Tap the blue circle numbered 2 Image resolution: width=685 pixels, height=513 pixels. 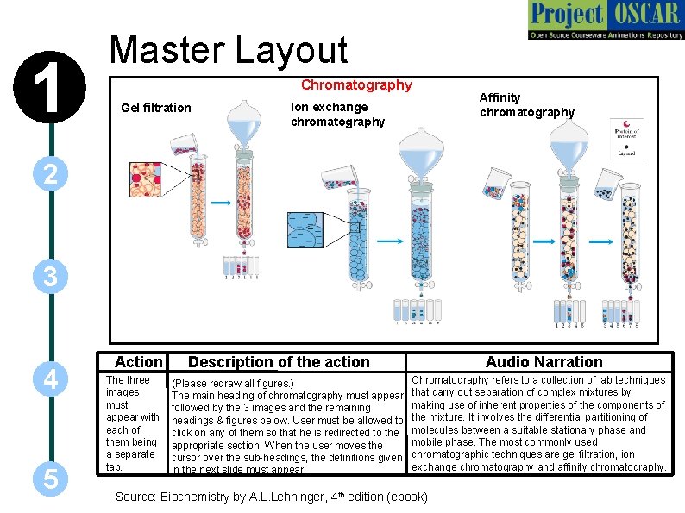[x=51, y=175]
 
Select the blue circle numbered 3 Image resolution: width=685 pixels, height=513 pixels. [x=51, y=278]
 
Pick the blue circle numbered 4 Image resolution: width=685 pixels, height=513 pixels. [x=51, y=378]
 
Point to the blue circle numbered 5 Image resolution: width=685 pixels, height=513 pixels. [x=51, y=479]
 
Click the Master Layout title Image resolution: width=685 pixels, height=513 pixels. [x=229, y=51]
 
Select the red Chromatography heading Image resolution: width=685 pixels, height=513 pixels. [x=355, y=85]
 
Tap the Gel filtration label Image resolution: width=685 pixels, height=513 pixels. [x=156, y=108]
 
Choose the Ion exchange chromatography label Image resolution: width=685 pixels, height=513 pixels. [x=337, y=115]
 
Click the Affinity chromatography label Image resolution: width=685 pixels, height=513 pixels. [x=526, y=105]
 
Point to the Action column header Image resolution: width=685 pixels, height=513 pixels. [x=138, y=362]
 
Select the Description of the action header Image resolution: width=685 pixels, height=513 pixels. [x=279, y=362]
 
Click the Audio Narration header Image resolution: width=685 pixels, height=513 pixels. [x=544, y=362]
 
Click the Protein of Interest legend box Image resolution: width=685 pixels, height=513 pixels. [x=626, y=138]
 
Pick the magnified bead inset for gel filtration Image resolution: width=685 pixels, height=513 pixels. [x=146, y=180]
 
